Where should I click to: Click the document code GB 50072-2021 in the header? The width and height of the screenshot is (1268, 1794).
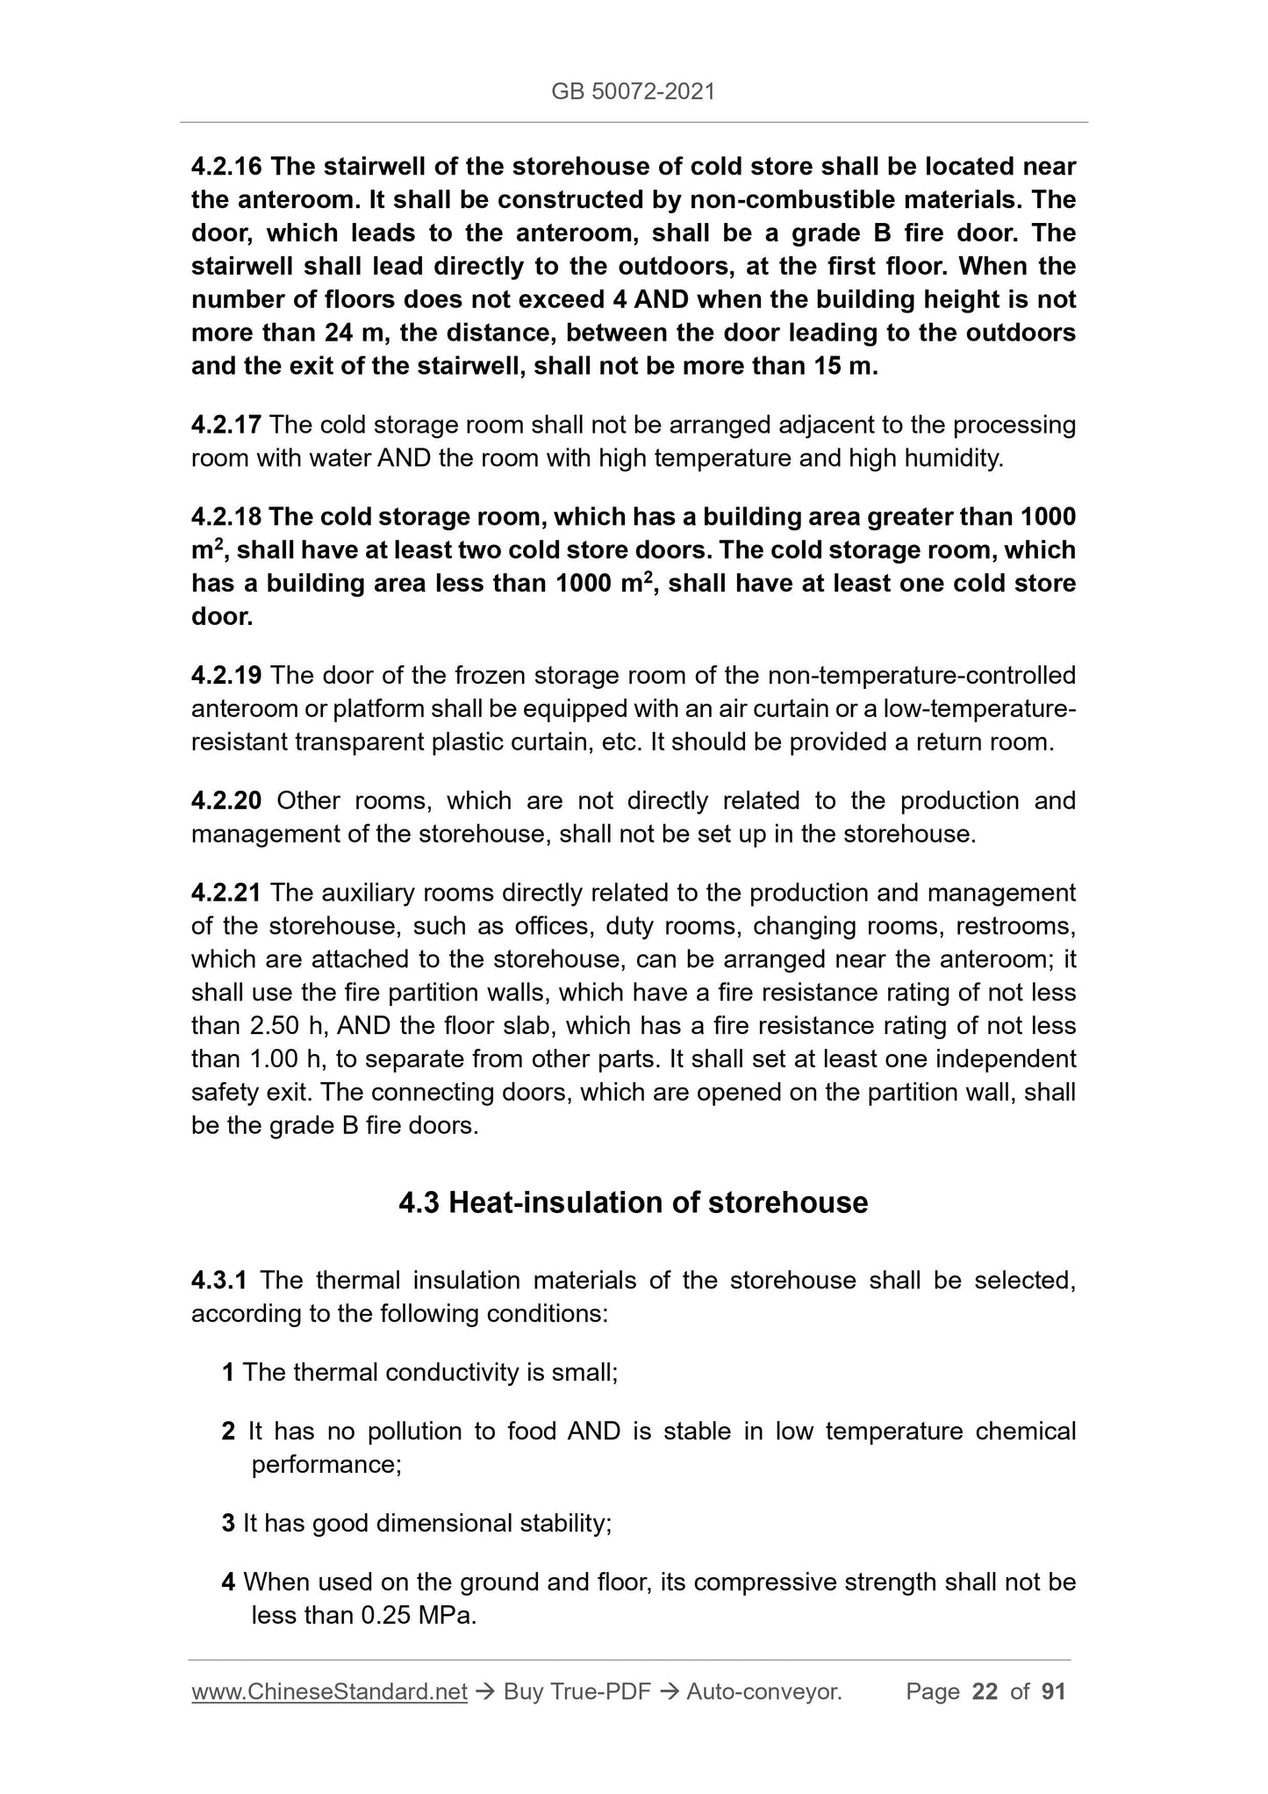click(x=633, y=91)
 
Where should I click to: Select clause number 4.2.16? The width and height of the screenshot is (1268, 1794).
click(x=226, y=166)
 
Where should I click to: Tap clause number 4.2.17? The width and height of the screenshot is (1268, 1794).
click(x=226, y=426)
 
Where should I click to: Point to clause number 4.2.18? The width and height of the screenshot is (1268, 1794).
click(x=226, y=518)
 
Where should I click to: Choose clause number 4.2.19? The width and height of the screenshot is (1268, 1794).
click(x=226, y=676)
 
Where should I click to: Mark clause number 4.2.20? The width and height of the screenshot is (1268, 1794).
click(x=226, y=801)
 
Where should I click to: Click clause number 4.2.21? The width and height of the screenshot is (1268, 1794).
click(x=226, y=893)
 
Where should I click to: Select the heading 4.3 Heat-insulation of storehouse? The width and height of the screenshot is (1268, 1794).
click(x=633, y=1202)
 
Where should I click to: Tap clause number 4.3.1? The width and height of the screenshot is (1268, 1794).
click(x=220, y=1281)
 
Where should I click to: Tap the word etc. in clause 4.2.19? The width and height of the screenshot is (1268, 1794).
click(x=624, y=743)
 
